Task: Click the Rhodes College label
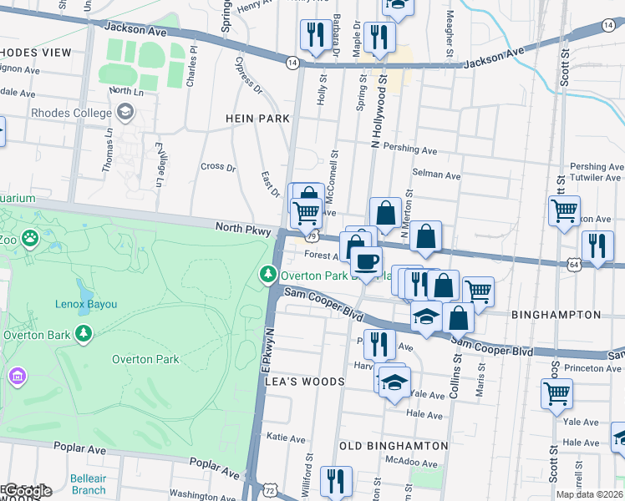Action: (x=71, y=113)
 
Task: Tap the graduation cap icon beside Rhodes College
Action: (x=124, y=111)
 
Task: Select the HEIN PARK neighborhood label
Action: (x=257, y=119)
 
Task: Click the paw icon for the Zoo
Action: (x=30, y=239)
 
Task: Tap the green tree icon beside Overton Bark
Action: (x=83, y=335)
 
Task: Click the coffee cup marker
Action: (x=364, y=261)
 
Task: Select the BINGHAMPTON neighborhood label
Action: (x=555, y=315)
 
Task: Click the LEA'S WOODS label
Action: (x=304, y=382)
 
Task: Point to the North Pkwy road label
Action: (x=241, y=228)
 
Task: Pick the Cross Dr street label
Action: (x=218, y=166)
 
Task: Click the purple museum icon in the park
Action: (x=17, y=377)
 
